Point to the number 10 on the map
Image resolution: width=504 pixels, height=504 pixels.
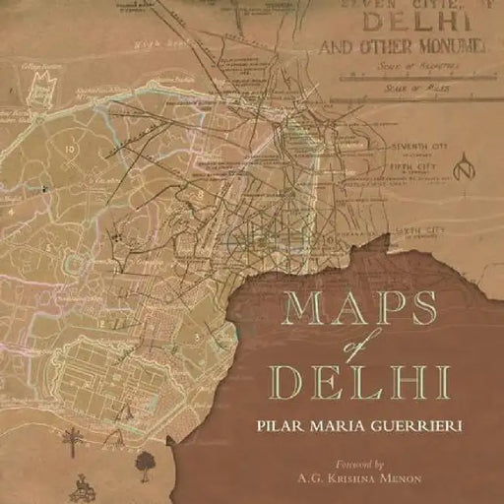coord(70,150)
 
